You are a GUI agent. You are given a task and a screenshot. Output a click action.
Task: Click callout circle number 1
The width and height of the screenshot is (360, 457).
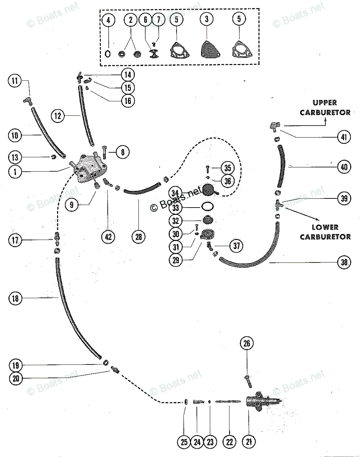click(x=15, y=171)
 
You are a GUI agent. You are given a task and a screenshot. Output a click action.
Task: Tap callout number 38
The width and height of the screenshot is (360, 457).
click(x=344, y=262)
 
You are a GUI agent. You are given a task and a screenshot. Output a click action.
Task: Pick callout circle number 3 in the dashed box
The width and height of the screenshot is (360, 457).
click(x=206, y=20)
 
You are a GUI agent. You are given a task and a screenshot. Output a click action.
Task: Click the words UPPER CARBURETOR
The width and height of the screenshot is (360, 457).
click(x=325, y=107)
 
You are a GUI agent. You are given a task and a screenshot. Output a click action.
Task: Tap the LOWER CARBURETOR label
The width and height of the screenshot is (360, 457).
click(x=325, y=232)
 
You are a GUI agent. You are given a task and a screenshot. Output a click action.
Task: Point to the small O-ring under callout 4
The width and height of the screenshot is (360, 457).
click(x=108, y=54)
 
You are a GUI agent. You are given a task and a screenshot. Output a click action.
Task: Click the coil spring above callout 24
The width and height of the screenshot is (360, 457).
click(x=197, y=401)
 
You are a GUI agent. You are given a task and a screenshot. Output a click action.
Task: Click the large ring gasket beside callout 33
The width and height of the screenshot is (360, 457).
click(x=207, y=207)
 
